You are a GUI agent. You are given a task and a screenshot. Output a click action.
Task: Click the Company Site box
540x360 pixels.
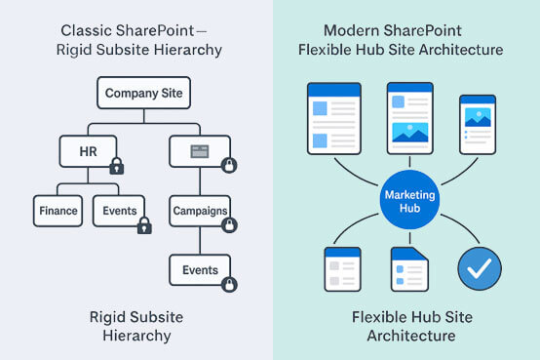coord(141,94)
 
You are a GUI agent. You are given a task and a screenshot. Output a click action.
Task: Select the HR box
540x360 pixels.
coord(89,151)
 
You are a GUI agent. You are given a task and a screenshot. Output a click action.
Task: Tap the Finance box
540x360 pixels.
coord(58,210)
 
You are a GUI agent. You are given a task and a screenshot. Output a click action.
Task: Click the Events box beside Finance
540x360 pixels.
coord(120,210)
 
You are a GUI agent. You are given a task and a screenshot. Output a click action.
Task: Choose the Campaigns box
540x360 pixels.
coord(200,210)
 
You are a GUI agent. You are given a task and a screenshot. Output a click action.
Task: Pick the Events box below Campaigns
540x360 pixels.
coord(200,269)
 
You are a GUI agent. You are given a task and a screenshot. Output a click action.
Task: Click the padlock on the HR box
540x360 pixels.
coord(116,166)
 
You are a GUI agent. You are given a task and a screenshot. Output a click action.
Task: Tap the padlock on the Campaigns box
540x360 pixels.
coord(228,225)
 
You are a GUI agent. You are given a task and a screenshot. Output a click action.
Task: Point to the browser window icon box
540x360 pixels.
coord(199,151)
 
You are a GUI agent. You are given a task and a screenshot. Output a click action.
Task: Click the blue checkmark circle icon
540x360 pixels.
coord(479,268)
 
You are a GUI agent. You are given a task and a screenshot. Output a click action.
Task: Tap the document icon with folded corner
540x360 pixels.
coord(409,269)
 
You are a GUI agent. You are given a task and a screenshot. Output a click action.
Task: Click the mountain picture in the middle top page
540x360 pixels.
coord(409,130)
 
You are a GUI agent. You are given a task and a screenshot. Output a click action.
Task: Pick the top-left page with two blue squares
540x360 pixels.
coord(333,120)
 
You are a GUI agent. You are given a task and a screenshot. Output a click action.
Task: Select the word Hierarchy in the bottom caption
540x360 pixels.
coord(136,336)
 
